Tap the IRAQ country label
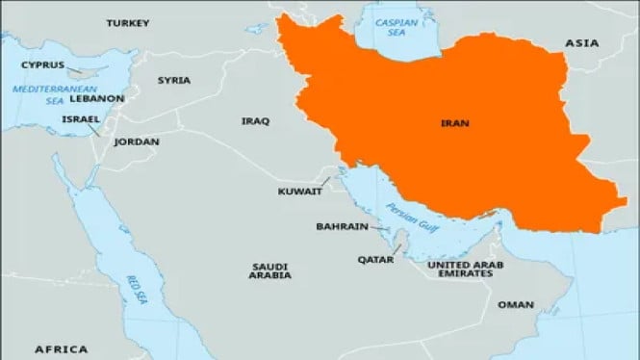(255, 120)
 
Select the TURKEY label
(128, 22)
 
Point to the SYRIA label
(174, 80)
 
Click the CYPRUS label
(43, 65)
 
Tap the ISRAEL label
(80, 119)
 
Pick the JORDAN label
(136, 141)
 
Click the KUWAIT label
(299, 192)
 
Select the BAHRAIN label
(342, 227)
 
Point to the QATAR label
(375, 259)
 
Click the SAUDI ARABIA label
(271, 270)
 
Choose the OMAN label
(515, 304)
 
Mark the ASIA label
(581, 43)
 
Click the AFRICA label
(61, 348)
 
